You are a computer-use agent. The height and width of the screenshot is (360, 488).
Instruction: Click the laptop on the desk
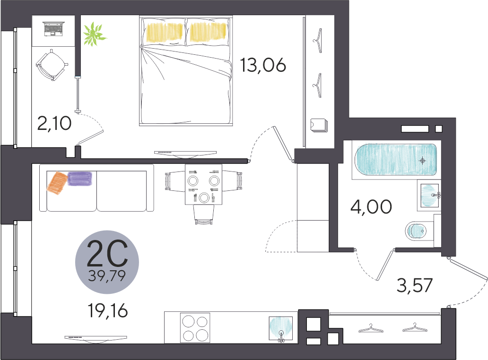[54, 29]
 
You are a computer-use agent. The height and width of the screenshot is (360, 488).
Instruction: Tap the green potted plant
[94, 34]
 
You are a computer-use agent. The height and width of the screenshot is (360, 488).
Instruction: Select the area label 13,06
[263, 65]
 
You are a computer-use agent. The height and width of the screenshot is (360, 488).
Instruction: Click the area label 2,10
[54, 123]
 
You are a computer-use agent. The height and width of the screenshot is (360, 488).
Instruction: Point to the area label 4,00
[371, 207]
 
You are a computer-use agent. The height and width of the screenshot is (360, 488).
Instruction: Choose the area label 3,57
[415, 285]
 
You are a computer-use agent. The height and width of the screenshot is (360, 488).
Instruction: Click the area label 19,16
[108, 310]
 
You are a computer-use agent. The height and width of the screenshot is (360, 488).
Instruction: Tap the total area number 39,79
[107, 275]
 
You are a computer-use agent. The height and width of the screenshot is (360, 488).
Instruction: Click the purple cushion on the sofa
[80, 179]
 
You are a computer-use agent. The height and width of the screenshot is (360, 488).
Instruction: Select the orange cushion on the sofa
[57, 183]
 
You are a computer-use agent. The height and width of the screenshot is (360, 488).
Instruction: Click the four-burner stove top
[195, 328]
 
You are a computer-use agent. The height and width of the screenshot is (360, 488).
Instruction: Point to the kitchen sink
[281, 329]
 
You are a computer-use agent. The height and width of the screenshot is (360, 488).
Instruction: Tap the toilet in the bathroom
[416, 231]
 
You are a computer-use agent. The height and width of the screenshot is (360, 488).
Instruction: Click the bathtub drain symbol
[422, 161]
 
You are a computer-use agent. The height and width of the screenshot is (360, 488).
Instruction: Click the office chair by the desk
[52, 65]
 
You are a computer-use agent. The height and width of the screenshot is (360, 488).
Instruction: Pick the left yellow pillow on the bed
[164, 32]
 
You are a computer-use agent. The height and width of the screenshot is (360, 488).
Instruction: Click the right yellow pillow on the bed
[208, 32]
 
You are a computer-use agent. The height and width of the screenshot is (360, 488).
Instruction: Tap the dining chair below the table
[204, 214]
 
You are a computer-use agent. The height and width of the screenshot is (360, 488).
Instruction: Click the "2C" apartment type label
[107, 254]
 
